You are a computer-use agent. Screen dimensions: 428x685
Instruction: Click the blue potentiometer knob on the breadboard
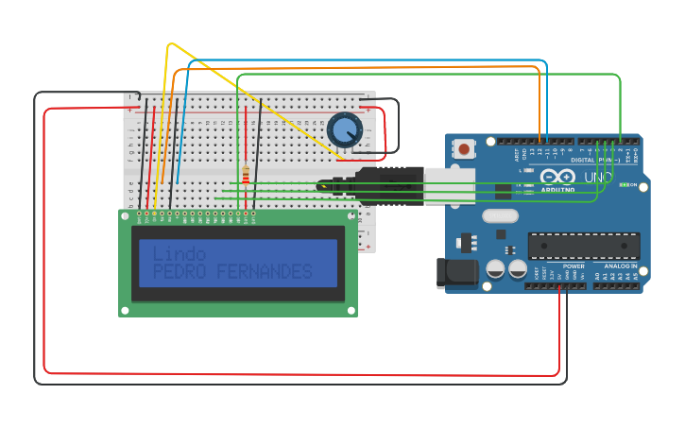pyautogui.click(x=345, y=129)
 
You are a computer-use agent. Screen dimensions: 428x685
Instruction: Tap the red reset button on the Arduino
pyautogui.click(x=464, y=148)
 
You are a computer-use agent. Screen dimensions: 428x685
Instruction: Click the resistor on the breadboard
pyautogui.click(x=246, y=176)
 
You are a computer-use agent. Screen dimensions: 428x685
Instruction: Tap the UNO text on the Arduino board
pyautogui.click(x=598, y=177)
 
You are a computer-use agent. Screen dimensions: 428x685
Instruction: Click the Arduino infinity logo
pyautogui.click(x=557, y=177)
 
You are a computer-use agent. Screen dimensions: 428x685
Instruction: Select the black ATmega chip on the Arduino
pyautogui.click(x=583, y=246)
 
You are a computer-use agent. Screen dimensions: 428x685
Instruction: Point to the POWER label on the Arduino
pyautogui.click(x=574, y=266)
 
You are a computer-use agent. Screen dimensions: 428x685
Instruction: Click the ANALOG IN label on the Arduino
pyautogui.click(x=621, y=266)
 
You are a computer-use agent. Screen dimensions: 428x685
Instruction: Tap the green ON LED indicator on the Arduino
pyautogui.click(x=624, y=185)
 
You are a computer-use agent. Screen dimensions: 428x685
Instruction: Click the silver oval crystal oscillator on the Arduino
pyautogui.click(x=500, y=215)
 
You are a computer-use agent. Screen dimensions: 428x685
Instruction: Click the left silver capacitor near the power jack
pyautogui.click(x=495, y=269)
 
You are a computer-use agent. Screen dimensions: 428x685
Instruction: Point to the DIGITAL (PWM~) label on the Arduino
pyautogui.click(x=594, y=161)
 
